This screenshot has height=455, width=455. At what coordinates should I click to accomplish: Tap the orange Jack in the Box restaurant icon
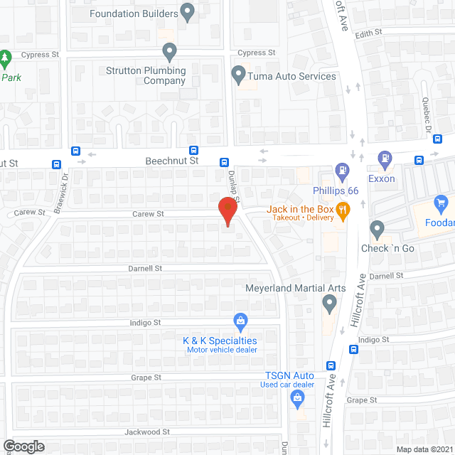[x=343, y=210]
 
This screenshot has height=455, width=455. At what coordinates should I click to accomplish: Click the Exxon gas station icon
[x=385, y=159]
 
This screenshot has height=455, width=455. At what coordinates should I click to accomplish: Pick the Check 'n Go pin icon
[x=378, y=229]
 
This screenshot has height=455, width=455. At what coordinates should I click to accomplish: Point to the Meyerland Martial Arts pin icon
[x=328, y=304]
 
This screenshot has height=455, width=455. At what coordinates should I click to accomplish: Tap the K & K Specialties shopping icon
[x=241, y=322]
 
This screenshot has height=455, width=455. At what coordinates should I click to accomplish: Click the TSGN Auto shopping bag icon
[x=297, y=402]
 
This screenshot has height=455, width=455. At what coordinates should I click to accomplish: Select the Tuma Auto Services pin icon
[x=240, y=74]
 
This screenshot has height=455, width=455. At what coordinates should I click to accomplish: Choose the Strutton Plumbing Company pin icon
[x=169, y=51]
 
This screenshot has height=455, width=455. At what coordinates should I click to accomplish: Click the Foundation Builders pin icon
[x=187, y=11]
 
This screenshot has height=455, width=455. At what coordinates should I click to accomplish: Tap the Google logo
[x=23, y=446]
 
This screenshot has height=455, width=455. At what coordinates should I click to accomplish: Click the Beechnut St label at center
[x=171, y=161]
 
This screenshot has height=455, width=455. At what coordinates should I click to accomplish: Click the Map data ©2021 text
[x=424, y=449]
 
